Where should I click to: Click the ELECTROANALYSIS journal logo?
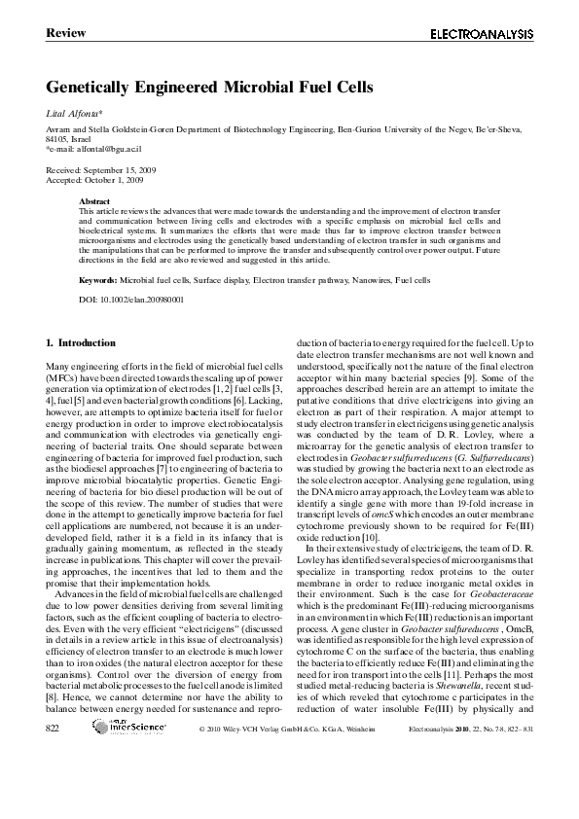tap(482, 34)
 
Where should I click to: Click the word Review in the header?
tap(65, 34)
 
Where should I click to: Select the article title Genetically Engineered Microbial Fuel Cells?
tap(209, 88)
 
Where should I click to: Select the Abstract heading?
tap(95, 200)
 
